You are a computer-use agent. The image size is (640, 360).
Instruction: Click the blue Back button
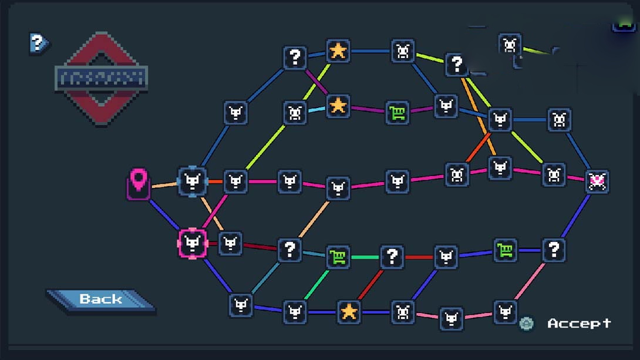point(100,299)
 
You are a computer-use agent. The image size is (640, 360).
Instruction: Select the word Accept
point(579,323)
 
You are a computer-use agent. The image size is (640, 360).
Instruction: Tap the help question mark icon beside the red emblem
point(38,42)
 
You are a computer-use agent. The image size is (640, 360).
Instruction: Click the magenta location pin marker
point(139,183)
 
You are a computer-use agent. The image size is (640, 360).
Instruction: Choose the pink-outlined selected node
point(193,243)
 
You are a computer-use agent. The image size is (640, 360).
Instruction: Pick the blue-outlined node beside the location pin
point(193,181)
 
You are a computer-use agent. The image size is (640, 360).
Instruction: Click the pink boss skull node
point(597,181)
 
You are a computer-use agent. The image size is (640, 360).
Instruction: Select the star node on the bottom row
point(349,311)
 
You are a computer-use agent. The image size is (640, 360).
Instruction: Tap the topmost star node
point(338,51)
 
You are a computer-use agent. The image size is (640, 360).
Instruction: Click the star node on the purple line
point(338,106)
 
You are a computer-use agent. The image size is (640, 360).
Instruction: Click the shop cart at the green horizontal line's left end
point(338,257)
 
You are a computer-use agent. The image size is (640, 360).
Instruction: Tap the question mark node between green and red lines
point(392,257)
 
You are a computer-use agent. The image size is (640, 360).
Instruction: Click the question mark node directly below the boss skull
point(553,250)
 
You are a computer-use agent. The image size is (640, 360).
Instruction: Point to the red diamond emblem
point(101,78)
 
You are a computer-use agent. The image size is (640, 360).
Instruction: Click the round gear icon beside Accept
point(527,323)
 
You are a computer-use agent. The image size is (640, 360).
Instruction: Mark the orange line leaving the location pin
point(164,186)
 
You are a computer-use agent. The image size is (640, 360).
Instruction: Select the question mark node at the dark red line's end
point(289,250)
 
